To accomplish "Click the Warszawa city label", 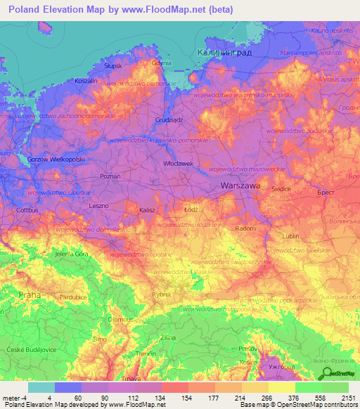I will click(240, 186).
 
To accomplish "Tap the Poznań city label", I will click(110, 176).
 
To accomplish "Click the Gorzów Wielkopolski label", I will click(56, 160).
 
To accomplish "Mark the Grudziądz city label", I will click(169, 119).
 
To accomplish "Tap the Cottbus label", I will click(27, 209).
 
